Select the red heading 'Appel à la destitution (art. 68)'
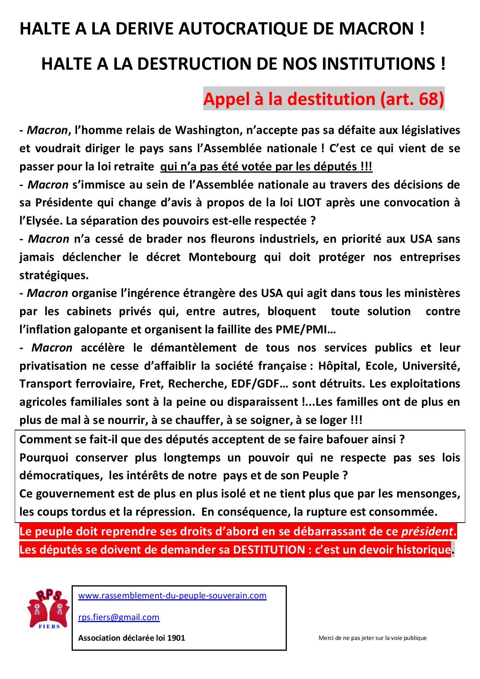[x=324, y=99]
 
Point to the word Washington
[x=206, y=130]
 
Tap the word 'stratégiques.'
[x=54, y=275]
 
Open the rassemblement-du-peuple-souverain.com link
[x=172, y=595]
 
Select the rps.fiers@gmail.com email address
[x=119, y=617]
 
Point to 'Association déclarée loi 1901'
[x=132, y=638]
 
